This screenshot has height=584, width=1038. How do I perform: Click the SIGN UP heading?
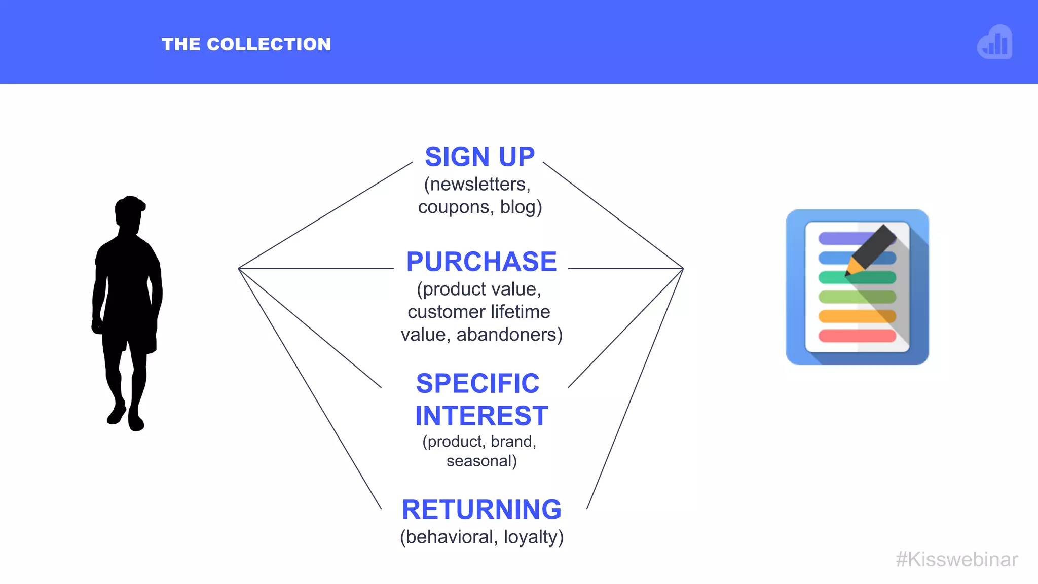[479, 157]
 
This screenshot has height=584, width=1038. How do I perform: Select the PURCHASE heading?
[481, 262]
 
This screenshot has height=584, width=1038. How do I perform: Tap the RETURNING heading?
[481, 509]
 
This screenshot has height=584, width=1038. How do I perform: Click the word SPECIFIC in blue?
[477, 383]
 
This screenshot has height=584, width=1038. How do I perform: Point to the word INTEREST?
[481, 416]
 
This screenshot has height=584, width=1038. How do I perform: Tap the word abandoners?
[507, 335]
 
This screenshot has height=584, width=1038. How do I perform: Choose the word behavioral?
[449, 537]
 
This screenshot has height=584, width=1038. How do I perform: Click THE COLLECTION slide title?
[246, 44]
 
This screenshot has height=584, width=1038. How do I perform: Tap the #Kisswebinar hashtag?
[956, 559]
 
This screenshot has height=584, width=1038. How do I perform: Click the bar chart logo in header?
[995, 42]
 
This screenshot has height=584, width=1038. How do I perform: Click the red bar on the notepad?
[857, 336]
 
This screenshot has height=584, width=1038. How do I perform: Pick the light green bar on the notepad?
[857, 297]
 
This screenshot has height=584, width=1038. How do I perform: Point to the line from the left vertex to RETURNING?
[310, 389]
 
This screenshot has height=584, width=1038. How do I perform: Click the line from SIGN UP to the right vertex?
[613, 215]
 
